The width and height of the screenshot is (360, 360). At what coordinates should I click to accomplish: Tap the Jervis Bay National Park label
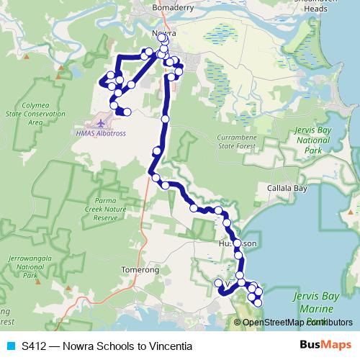tap(317, 140)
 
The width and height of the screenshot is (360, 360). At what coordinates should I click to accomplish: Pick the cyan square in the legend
tap(9, 346)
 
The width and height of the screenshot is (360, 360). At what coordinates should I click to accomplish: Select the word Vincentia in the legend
tap(170, 346)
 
